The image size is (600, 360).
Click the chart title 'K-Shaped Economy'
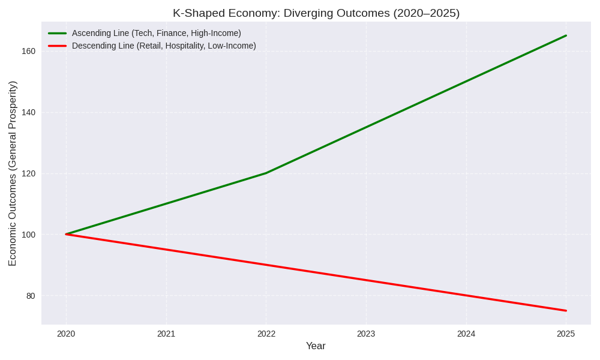pyautogui.click(x=316, y=13)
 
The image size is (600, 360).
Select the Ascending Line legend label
pyautogui.click(x=156, y=33)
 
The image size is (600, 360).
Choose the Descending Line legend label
pyautogui.click(x=164, y=46)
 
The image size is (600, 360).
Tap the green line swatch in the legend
pyautogui.click(x=58, y=33)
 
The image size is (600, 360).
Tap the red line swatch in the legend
pyautogui.click(x=58, y=46)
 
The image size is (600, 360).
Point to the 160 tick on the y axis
pyautogui.click(x=28, y=51)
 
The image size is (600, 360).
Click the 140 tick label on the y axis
pyautogui.click(x=28, y=112)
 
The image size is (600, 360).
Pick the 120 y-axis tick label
pyautogui.click(x=28, y=173)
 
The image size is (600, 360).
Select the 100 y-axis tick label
pyautogui.click(x=28, y=235)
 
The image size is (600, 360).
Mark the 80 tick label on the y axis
pyautogui.click(x=31, y=296)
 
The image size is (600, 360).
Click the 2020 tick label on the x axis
pyautogui.click(x=66, y=334)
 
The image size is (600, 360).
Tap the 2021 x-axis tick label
pyautogui.click(x=166, y=334)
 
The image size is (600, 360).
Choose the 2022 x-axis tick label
pyautogui.click(x=266, y=334)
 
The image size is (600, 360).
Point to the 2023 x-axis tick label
pyautogui.click(x=366, y=334)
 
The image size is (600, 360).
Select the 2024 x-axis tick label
pyautogui.click(x=466, y=334)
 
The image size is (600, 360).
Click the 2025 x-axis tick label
pyautogui.click(x=566, y=334)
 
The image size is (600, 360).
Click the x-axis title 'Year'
pyautogui.click(x=316, y=346)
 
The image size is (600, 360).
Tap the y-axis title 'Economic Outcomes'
pyautogui.click(x=13, y=173)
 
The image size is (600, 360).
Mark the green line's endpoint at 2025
pyautogui.click(x=566, y=35)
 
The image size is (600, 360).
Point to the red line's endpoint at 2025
pyautogui.click(x=566, y=311)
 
